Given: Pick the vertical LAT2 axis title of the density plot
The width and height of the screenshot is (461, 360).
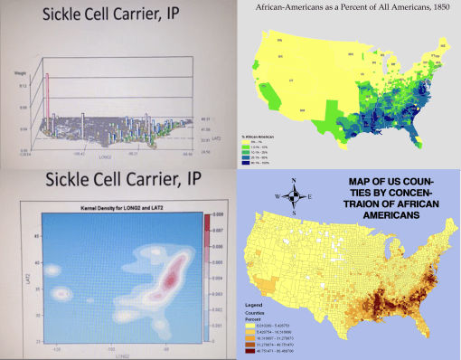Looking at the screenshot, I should [21, 272].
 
